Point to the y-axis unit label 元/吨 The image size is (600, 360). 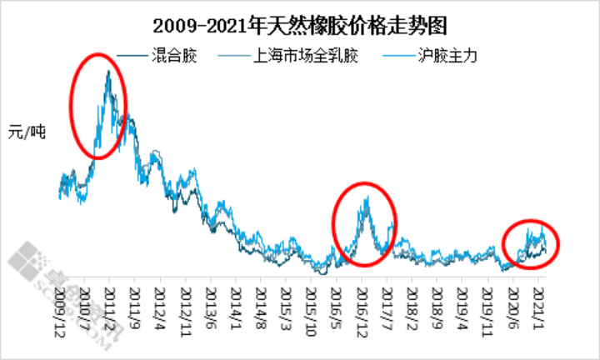click(x=27, y=131)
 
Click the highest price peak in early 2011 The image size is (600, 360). click(x=108, y=72)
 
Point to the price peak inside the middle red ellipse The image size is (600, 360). click(x=366, y=198)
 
